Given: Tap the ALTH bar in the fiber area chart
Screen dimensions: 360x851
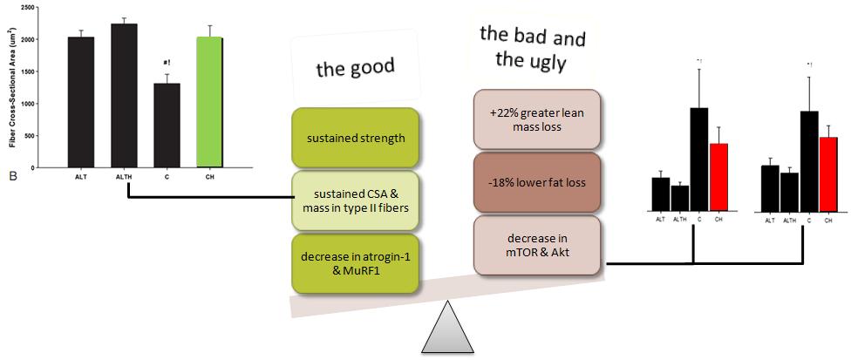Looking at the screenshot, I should [x=124, y=95].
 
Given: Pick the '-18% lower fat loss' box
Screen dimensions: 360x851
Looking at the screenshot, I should [x=536, y=182].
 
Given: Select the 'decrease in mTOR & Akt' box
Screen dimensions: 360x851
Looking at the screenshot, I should [x=536, y=245].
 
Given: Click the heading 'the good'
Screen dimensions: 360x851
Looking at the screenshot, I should [x=355, y=68].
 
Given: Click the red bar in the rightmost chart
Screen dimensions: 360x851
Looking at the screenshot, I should [x=827, y=173].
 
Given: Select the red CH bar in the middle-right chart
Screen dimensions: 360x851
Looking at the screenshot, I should [x=718, y=177].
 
